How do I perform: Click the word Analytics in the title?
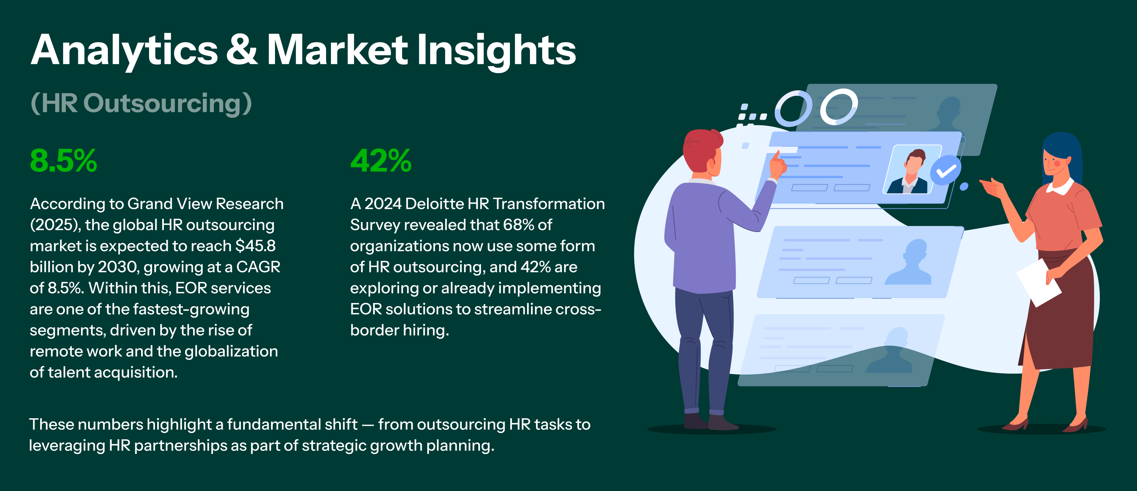click(124, 51)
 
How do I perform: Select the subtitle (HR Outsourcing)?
click(141, 103)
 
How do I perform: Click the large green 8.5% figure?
click(63, 160)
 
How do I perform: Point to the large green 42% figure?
click(381, 160)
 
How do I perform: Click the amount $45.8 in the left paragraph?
click(256, 245)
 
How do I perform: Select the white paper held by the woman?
click(1039, 283)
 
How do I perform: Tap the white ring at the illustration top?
click(839, 107)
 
